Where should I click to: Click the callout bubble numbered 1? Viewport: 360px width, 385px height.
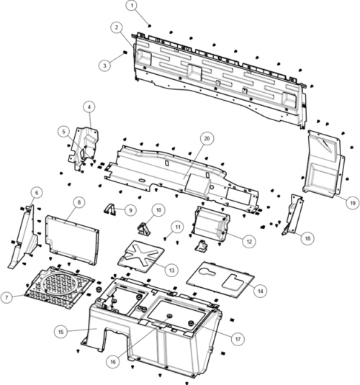[x=132, y=6]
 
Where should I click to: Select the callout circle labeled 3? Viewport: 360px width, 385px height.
[x=105, y=65]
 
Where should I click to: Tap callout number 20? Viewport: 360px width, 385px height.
[x=207, y=138]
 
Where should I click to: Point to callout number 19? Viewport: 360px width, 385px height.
[x=353, y=203]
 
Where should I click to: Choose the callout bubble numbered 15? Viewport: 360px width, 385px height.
[x=60, y=332]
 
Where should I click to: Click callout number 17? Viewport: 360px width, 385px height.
[x=238, y=339]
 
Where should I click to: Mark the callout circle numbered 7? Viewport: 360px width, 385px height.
[x=6, y=297]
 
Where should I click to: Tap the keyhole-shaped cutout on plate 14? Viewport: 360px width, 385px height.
[x=207, y=271]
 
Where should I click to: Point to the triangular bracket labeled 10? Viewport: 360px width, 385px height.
[x=144, y=229]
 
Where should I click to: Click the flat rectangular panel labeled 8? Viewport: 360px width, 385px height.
[x=72, y=240]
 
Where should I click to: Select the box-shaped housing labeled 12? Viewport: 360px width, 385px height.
[x=211, y=224]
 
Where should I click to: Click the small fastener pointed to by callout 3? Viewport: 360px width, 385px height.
[x=125, y=53]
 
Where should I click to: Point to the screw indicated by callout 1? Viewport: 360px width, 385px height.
[x=150, y=25]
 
